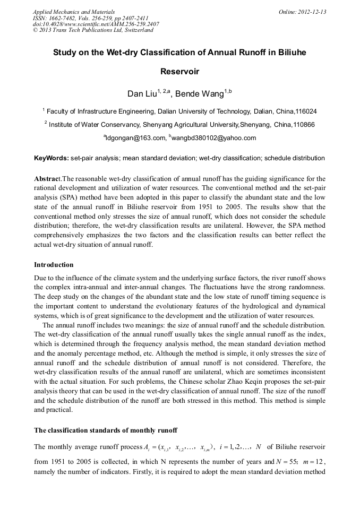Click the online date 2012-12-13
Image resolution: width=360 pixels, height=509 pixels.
313,12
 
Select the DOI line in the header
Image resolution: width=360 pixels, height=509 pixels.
96,24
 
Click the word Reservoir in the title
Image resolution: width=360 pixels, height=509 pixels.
179,72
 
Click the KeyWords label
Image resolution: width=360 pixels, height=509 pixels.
51,158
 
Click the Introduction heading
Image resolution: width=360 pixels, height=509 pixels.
54,264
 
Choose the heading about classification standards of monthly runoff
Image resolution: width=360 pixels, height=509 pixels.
106,430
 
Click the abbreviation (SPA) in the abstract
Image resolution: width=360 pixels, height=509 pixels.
65,195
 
